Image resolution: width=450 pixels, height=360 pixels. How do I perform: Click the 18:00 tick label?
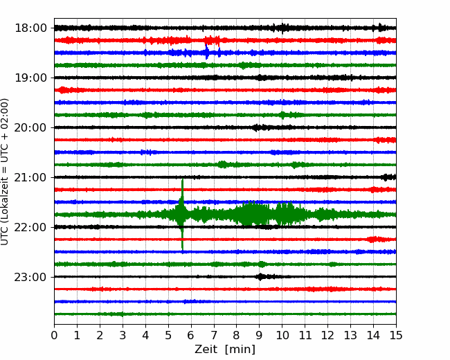(x=30, y=28)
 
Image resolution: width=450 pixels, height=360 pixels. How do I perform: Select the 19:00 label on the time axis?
(x=30, y=78)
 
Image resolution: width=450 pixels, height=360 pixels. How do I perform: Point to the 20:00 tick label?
(x=30, y=127)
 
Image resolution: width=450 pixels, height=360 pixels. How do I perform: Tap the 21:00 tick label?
(x=30, y=177)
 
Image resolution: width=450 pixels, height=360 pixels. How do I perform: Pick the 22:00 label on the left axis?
(x=30, y=227)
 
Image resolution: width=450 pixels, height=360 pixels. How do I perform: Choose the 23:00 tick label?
(x=30, y=277)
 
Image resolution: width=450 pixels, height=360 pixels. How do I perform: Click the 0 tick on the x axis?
(x=54, y=335)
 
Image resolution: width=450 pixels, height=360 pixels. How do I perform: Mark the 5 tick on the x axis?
(x=168, y=335)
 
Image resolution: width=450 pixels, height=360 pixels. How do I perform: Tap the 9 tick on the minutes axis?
(x=259, y=335)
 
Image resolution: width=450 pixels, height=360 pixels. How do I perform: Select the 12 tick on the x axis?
(x=327, y=335)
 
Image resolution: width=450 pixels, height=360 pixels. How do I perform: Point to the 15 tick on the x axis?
(x=396, y=335)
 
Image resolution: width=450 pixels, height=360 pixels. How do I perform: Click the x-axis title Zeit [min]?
(x=225, y=350)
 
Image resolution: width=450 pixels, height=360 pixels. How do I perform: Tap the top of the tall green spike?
(x=182, y=179)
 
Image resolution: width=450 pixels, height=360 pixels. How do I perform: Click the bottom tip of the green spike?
(x=182, y=249)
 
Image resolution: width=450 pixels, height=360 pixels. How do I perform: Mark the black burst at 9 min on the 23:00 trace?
(x=260, y=277)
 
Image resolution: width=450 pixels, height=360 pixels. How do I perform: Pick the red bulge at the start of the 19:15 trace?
(x=62, y=90)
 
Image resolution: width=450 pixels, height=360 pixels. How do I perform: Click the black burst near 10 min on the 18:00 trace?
(x=282, y=28)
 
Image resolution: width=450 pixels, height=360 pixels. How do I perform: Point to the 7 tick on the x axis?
(x=214, y=335)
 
